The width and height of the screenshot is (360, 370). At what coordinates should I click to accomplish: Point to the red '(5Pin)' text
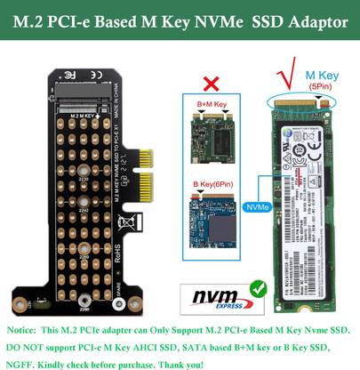tap(322, 88)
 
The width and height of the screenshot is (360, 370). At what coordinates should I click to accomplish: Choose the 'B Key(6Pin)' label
tap(212, 185)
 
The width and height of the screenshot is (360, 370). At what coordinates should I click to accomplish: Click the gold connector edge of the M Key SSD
tap(303, 105)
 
